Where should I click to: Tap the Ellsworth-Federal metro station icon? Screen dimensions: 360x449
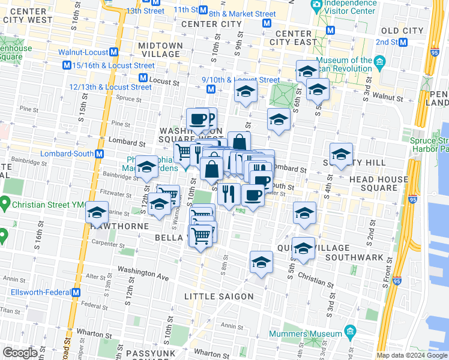click(x=76, y=292)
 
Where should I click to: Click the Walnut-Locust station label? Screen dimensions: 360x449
click(x=83, y=53)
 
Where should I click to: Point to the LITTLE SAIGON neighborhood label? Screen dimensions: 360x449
click(x=219, y=296)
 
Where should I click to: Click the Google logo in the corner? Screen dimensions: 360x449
click(x=19, y=353)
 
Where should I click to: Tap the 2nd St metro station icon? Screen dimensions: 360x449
click(x=403, y=42)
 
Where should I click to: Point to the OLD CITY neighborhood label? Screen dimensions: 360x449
click(x=402, y=31)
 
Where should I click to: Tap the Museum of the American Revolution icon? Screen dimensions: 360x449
click(x=379, y=62)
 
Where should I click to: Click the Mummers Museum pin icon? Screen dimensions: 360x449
click(x=350, y=332)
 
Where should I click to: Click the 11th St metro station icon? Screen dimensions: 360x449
click(x=203, y=10)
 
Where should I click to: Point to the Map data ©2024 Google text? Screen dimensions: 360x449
click(x=412, y=355)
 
